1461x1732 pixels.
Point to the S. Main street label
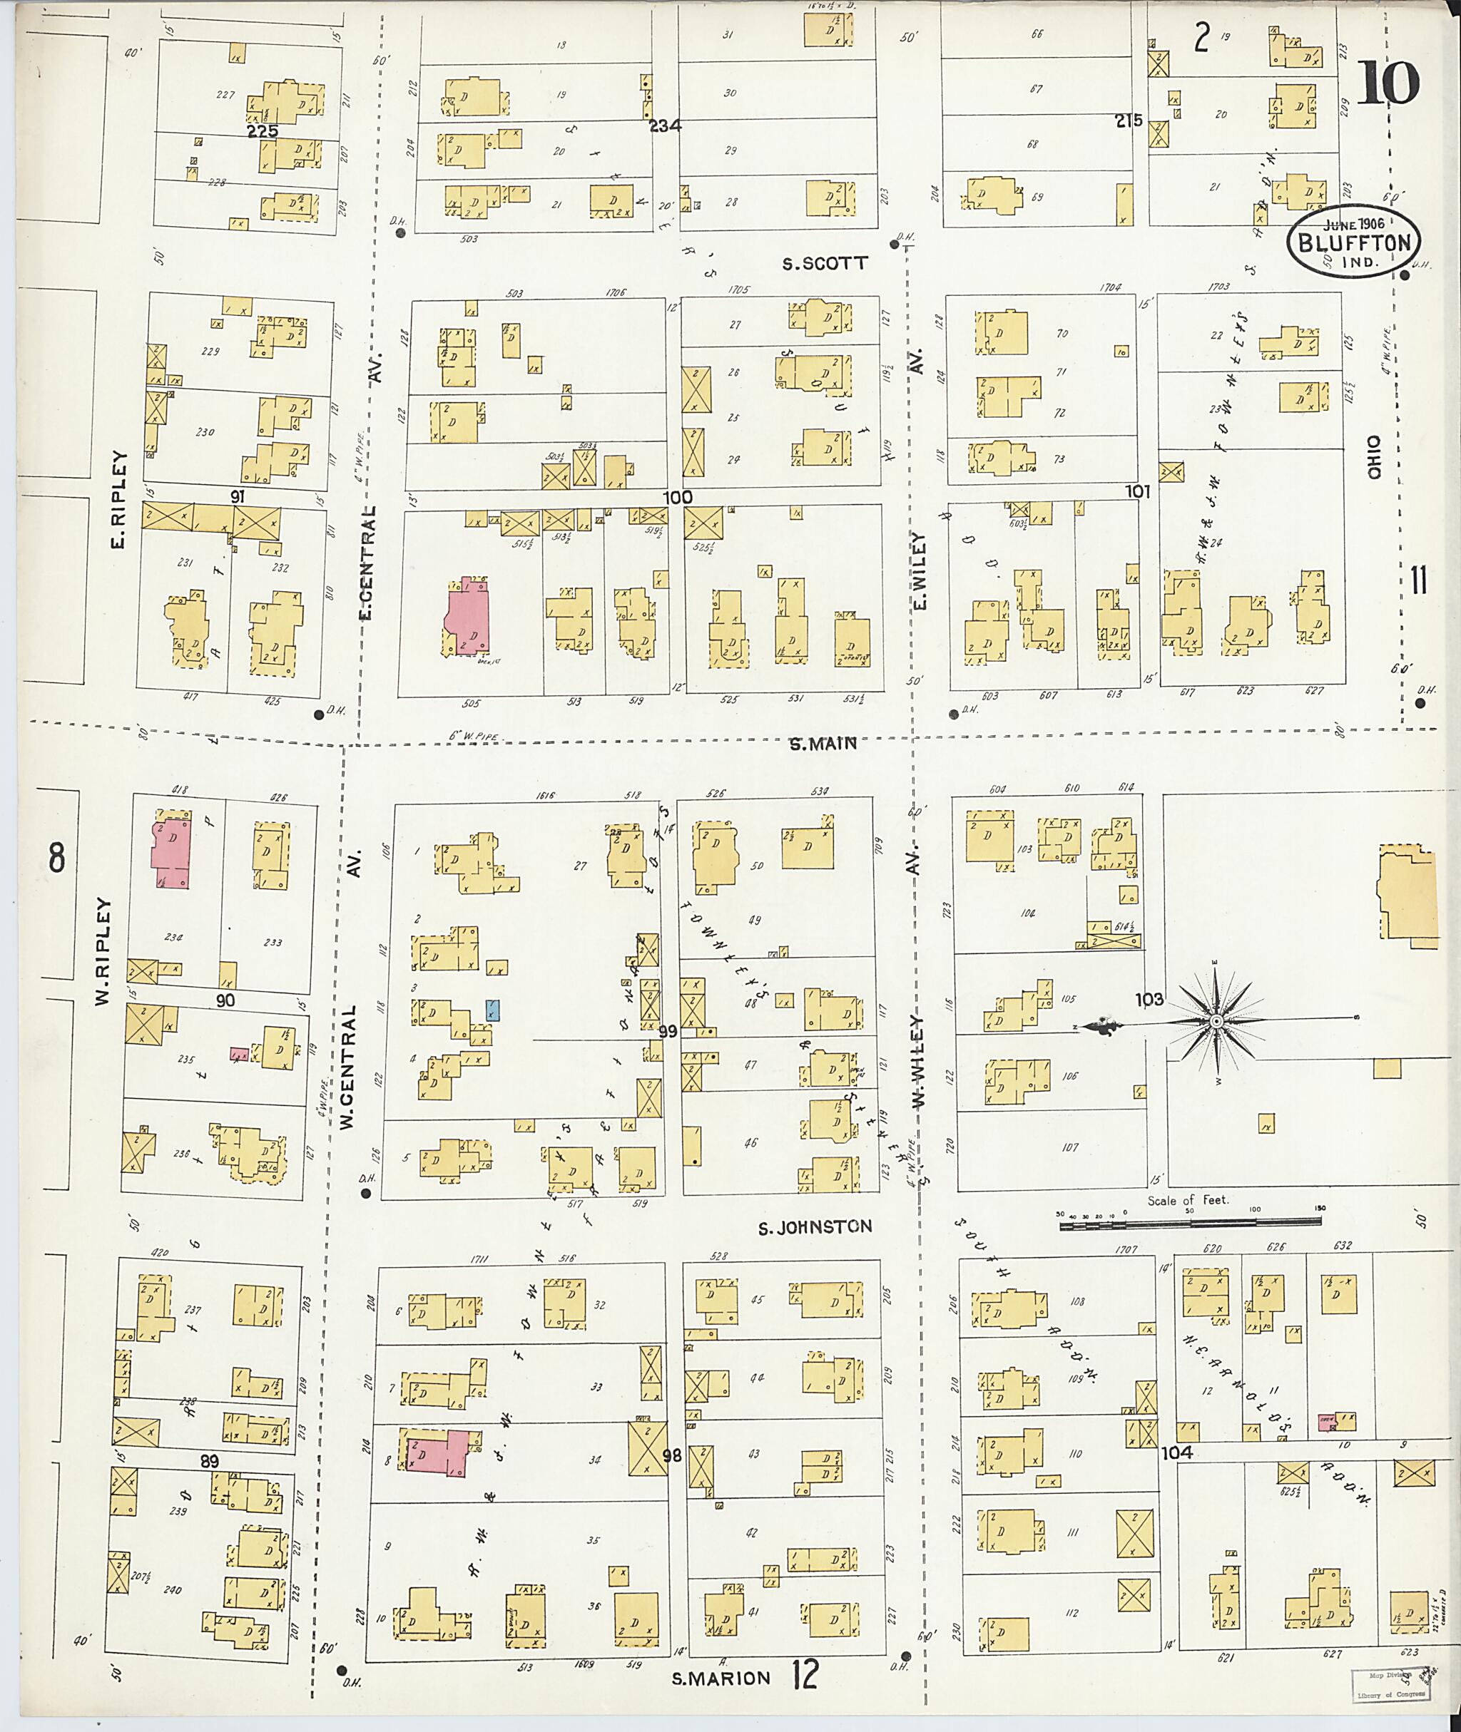point(823,744)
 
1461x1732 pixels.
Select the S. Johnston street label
point(815,1226)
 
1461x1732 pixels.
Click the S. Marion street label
point(720,1679)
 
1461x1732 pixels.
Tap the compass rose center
point(1216,1023)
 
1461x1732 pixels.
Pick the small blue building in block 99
point(492,1009)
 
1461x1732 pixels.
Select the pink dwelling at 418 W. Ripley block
point(170,854)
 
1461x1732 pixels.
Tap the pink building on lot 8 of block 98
point(438,1455)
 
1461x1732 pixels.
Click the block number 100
point(677,498)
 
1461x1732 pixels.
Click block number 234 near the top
point(664,125)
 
